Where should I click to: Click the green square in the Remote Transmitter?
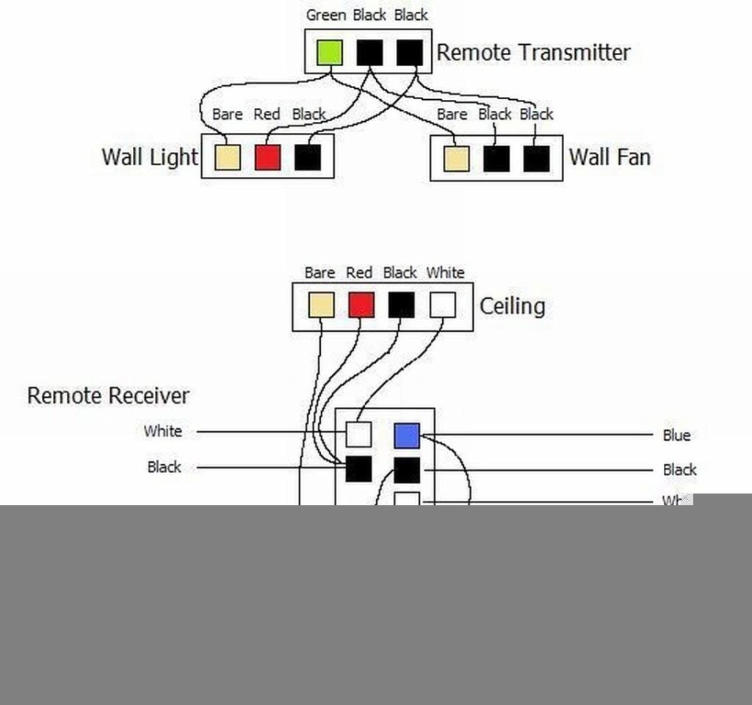tap(330, 52)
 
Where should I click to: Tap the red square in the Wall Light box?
tap(267, 157)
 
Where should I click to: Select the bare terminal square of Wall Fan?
tap(456, 159)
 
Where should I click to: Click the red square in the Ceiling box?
tap(361, 305)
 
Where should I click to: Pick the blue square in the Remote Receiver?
tap(407, 435)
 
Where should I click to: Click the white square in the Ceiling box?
tap(442, 305)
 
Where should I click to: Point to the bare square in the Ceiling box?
tap(321, 305)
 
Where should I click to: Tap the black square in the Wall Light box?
tap(308, 157)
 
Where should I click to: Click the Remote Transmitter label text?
tap(533, 52)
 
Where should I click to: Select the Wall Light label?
tap(150, 157)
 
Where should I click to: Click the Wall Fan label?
tap(610, 157)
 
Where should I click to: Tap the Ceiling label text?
tap(512, 305)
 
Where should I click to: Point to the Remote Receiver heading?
tap(108, 396)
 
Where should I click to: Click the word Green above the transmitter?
tap(326, 15)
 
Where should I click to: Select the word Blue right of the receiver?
tap(676, 435)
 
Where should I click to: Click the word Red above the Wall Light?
tap(267, 115)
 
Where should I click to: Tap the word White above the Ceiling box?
tap(445, 273)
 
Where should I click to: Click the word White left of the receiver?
tap(163, 431)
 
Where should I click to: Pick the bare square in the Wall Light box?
tap(227, 157)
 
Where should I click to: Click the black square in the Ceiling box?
tap(401, 305)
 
